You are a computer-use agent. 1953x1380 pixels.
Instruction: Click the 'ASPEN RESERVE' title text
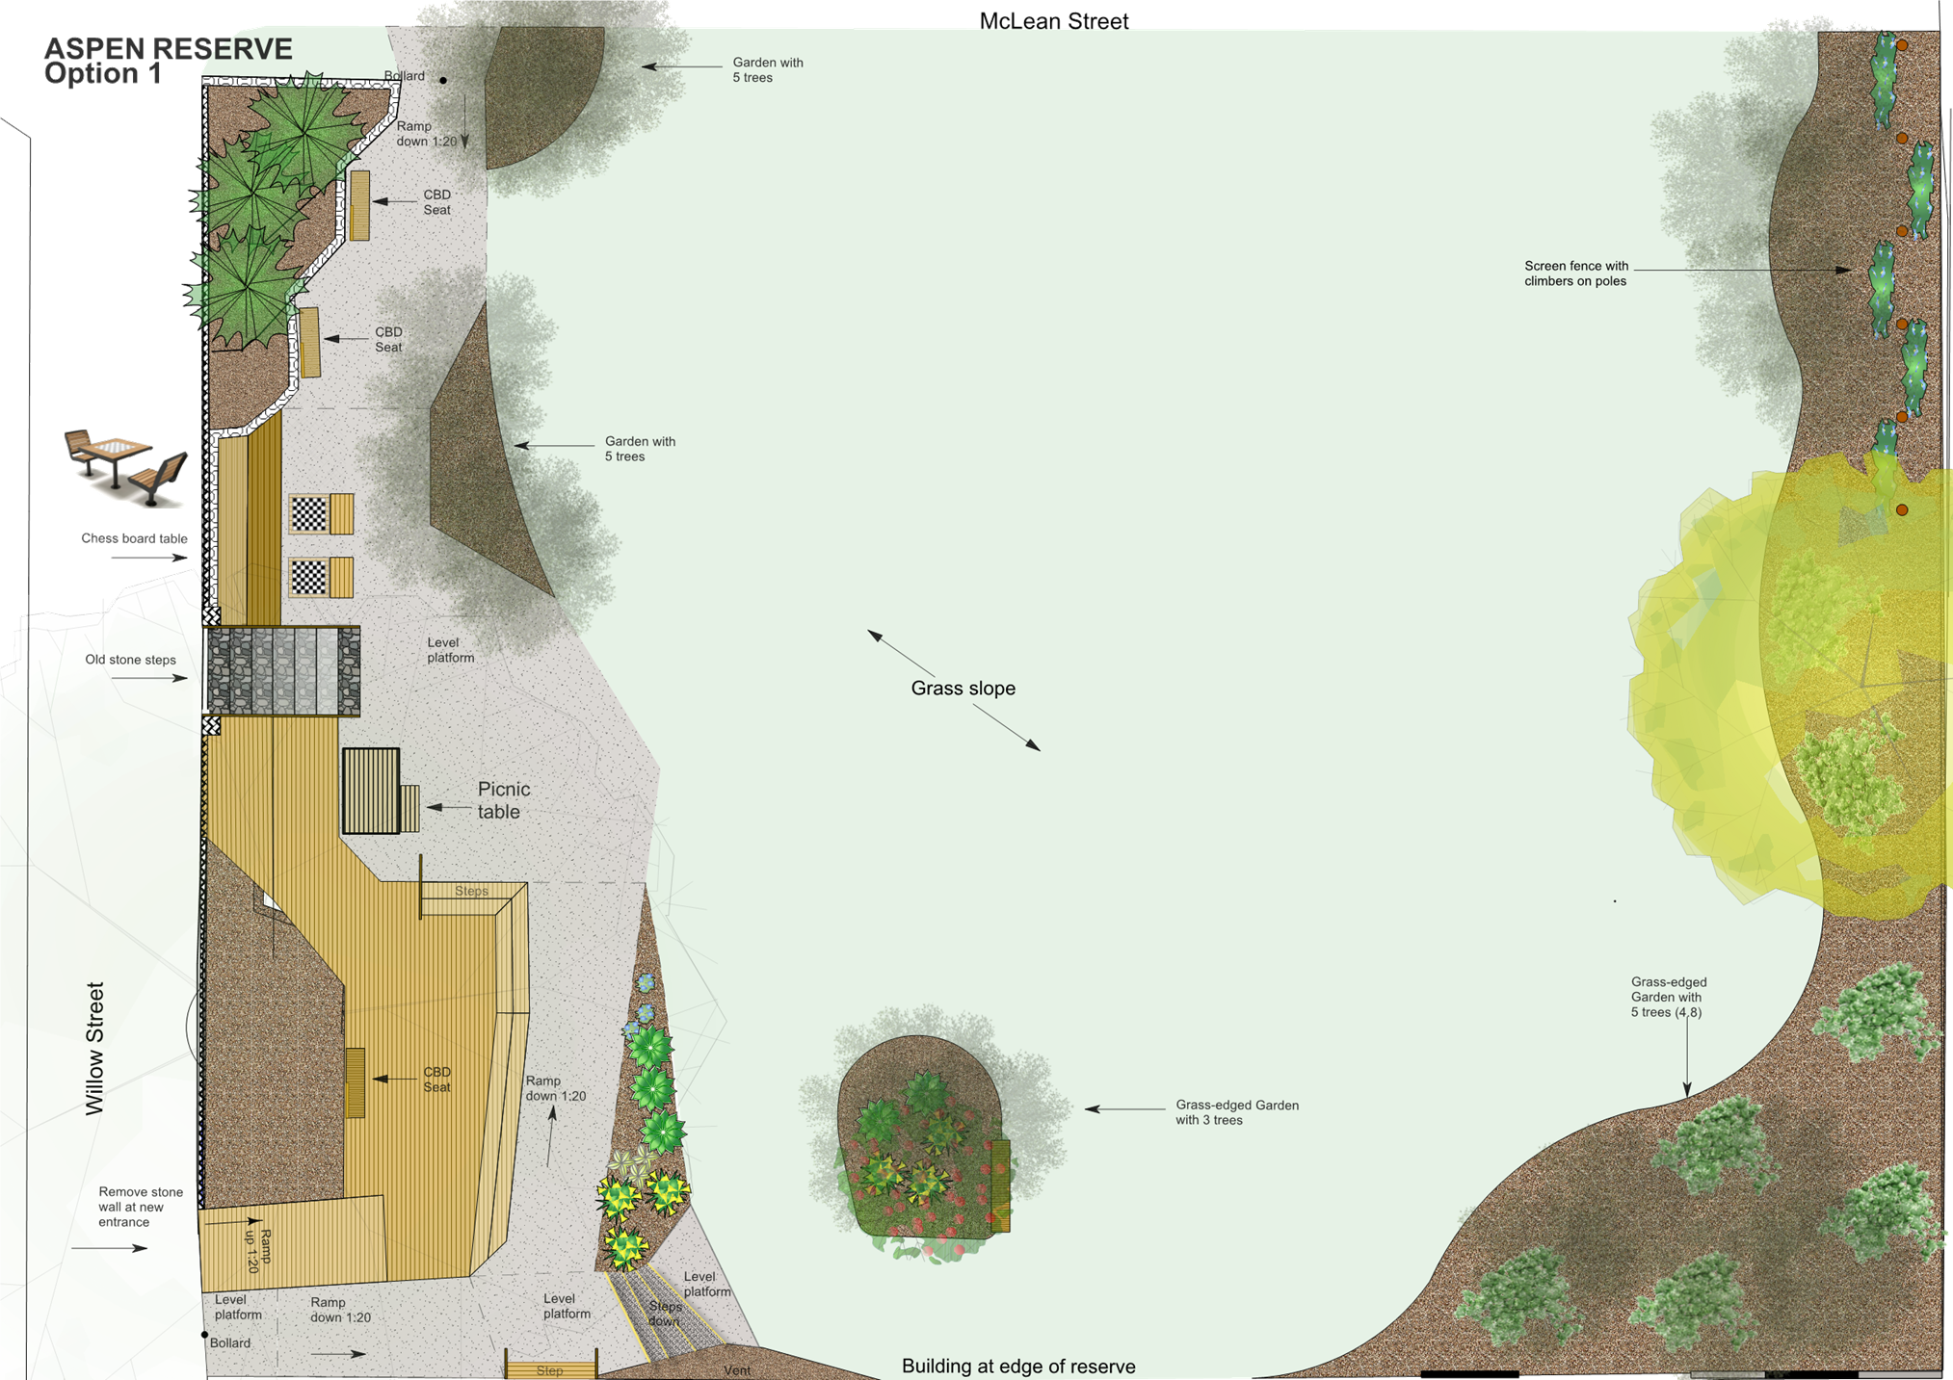(168, 48)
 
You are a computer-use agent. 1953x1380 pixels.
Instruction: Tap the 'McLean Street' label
(1053, 21)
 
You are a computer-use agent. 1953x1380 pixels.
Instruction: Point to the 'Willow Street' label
(94, 1049)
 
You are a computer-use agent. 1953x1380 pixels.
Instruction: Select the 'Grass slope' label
(963, 689)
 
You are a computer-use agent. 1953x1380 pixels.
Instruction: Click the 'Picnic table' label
(503, 800)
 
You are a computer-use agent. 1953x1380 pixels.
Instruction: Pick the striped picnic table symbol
(371, 791)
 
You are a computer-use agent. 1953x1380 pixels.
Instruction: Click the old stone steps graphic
(282, 671)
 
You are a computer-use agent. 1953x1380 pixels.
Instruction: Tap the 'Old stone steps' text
(130, 661)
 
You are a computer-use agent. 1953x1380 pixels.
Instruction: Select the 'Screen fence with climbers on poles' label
(1575, 273)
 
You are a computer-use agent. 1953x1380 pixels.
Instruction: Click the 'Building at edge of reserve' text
(1017, 1366)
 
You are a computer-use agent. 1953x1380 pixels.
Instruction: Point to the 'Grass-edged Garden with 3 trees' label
(1236, 1112)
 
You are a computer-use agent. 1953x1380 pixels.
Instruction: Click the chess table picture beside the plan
(125, 467)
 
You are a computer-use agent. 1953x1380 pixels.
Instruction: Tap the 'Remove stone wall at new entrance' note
(140, 1207)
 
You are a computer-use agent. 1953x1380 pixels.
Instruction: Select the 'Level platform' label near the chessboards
(450, 650)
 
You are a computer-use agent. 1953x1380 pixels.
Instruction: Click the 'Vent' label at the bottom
(736, 1370)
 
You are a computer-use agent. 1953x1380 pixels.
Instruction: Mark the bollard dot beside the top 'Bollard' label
(443, 80)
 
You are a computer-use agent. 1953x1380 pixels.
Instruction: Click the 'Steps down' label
(664, 1314)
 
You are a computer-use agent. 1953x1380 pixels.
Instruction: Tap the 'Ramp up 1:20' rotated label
(258, 1250)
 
